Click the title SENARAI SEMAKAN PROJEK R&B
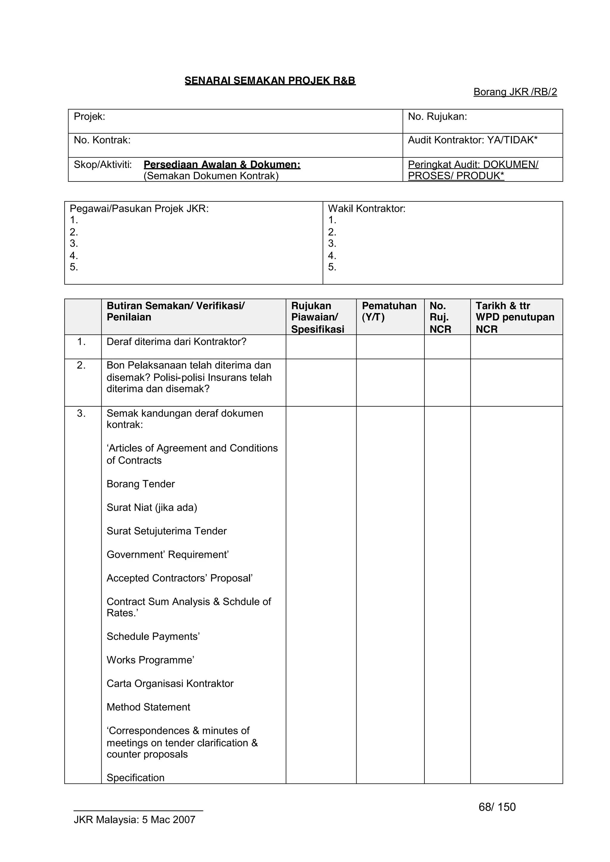270,81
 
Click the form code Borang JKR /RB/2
515,92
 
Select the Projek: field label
89,117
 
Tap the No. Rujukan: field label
437,117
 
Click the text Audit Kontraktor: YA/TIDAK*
472,140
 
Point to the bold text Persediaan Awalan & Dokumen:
222,164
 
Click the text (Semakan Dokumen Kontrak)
211,176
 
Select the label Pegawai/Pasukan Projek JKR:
139,209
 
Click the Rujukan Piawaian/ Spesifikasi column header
317,317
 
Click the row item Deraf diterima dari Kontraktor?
176,342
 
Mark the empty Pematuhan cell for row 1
390,347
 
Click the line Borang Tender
141,484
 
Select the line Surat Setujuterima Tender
166,531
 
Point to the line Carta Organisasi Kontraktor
170,684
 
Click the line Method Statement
148,707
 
